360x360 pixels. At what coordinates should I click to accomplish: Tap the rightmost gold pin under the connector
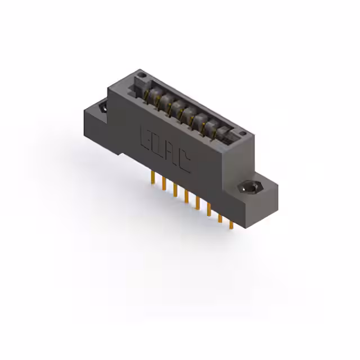click(231, 224)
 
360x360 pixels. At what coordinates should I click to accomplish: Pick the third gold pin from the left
click(175, 192)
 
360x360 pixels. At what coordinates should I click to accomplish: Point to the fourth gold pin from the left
click(186, 198)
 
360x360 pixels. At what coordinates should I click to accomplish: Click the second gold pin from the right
click(219, 218)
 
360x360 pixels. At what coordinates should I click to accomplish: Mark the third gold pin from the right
click(208, 211)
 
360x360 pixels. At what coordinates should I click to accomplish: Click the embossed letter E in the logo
click(145, 136)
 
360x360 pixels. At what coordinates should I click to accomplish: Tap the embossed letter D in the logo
click(157, 145)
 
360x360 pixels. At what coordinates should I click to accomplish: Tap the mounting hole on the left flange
click(102, 107)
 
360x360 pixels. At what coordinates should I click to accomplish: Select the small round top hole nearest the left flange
click(143, 75)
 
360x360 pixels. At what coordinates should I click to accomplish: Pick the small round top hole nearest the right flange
click(242, 133)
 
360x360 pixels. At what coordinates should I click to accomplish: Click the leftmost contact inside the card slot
click(151, 94)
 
